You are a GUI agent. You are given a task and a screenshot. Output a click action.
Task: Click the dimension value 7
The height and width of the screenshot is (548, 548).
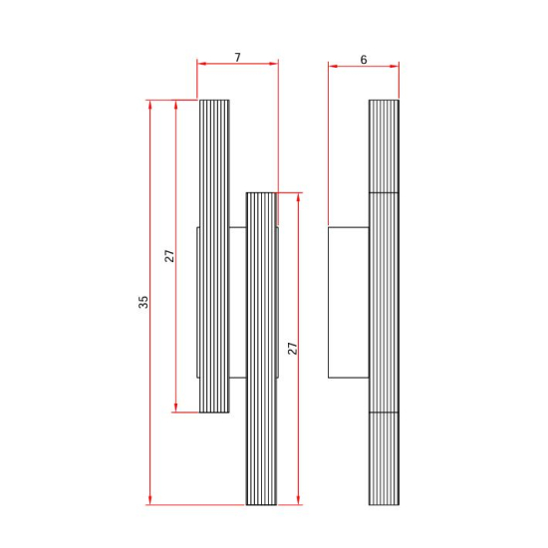(238, 57)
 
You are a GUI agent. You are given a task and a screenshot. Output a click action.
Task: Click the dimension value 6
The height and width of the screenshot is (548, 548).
(364, 60)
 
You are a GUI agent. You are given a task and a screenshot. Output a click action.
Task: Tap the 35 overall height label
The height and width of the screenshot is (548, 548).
(143, 302)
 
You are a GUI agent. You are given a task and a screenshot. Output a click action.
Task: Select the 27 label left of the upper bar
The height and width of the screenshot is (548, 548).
(169, 256)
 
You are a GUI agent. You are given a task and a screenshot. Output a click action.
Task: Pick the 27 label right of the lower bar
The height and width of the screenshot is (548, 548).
(292, 349)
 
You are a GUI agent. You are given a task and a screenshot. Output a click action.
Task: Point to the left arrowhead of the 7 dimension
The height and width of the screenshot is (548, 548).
(201, 64)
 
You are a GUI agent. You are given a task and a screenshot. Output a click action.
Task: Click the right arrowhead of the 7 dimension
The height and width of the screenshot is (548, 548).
(274, 64)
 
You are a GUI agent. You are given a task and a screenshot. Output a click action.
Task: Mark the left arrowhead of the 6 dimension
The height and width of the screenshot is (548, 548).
(333, 66)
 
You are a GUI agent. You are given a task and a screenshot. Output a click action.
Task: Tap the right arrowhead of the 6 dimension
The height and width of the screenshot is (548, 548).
(395, 66)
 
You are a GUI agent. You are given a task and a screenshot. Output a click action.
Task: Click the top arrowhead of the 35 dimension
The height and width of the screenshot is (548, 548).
(150, 105)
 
